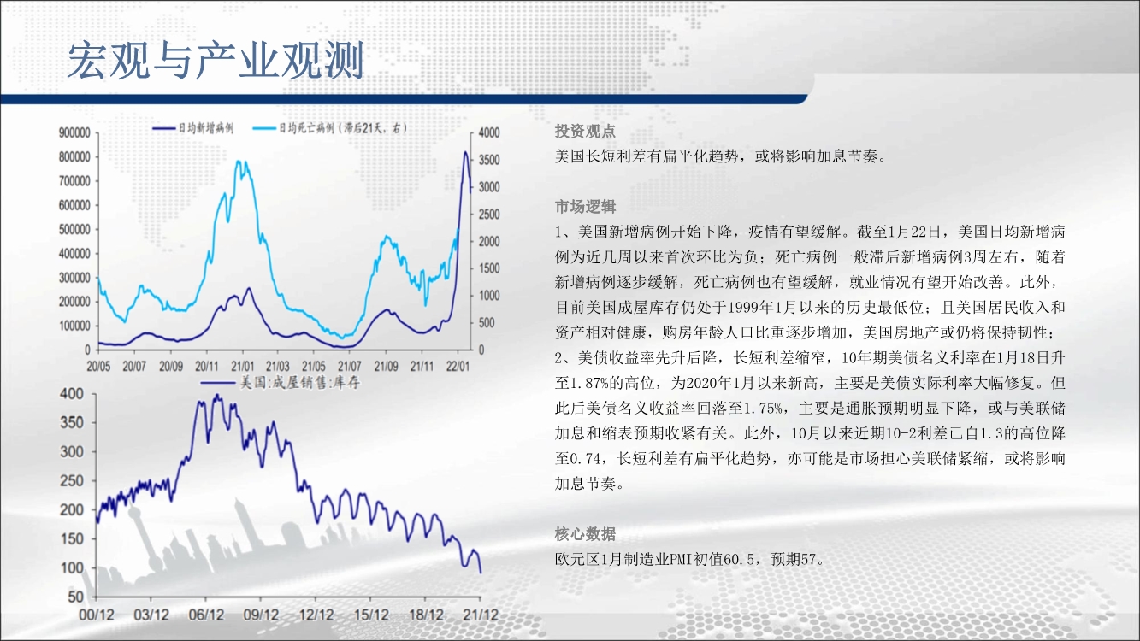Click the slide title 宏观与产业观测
pos(216,61)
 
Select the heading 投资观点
pos(585,132)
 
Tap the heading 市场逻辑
pos(585,207)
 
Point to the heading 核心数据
pos(585,533)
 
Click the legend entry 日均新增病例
pos(193,128)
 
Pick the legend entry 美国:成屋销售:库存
pos(281,383)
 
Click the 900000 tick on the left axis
pos(74,132)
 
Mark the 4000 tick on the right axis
pos(489,132)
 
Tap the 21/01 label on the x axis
pos(242,367)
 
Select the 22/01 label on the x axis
pos(458,367)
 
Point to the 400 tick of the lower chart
pos(71,394)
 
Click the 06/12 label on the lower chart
pos(206,615)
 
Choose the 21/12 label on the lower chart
pos(481,615)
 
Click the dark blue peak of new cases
pos(464,151)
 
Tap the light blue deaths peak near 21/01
pos(239,162)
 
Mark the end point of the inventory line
pos(481,573)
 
